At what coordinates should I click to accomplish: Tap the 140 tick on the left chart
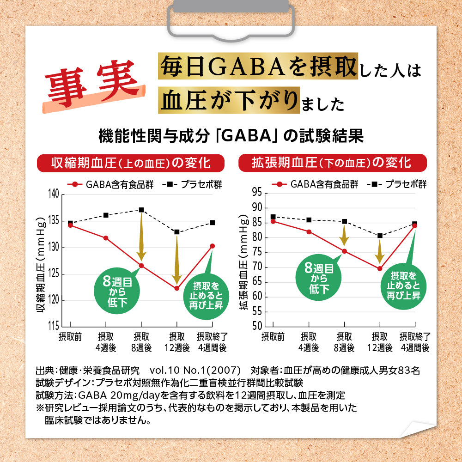coord(54,194)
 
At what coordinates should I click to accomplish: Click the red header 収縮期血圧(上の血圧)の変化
coord(131,163)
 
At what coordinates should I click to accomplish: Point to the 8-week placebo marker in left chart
coord(141,210)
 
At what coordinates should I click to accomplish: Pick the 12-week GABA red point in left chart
coord(176,288)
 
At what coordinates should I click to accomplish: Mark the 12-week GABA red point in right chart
coord(380,268)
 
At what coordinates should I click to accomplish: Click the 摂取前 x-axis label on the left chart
coord(70,337)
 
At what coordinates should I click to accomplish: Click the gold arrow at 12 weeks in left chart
coord(176,261)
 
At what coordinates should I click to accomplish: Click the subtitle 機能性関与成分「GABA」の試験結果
coord(231,137)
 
